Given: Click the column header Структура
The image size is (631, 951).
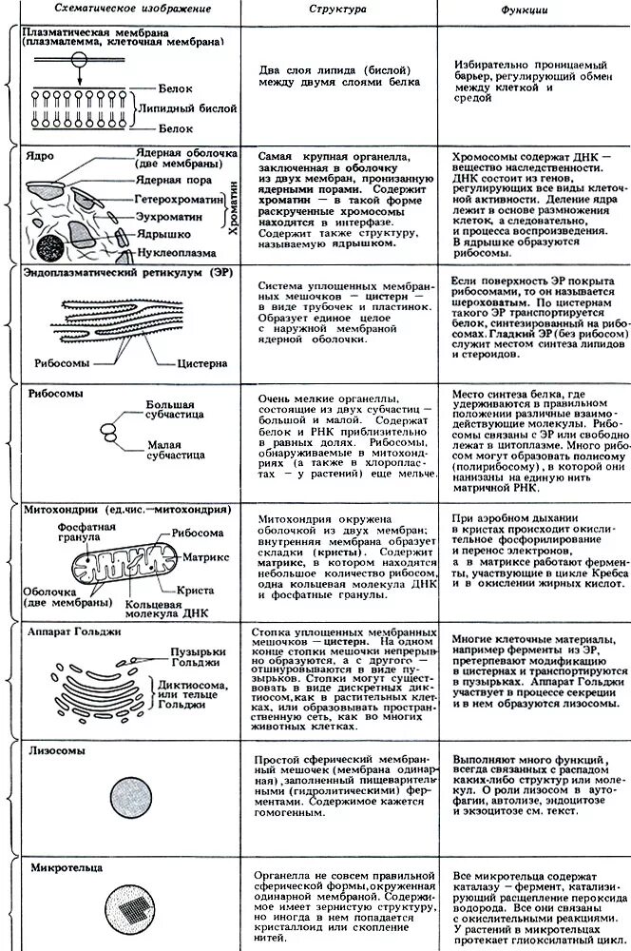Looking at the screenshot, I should click(x=337, y=9).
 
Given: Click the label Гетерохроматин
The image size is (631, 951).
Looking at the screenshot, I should click(x=180, y=203).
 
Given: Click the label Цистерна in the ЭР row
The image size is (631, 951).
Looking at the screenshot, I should click(x=201, y=363).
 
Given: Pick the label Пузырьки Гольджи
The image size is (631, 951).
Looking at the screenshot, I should click(x=190, y=657).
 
